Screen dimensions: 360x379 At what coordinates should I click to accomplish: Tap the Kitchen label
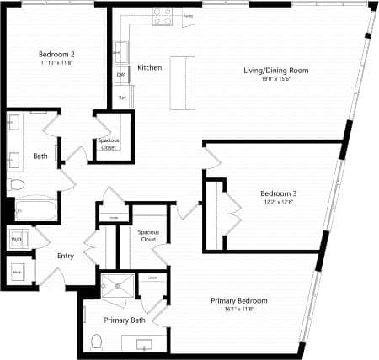click(x=150, y=67)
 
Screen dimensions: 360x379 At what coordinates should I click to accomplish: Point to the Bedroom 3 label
click(x=278, y=193)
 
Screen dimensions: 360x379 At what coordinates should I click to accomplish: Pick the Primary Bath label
click(x=125, y=320)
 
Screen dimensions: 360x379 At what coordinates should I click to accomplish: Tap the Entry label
click(x=67, y=257)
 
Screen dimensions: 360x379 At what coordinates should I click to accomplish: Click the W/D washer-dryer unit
click(x=16, y=239)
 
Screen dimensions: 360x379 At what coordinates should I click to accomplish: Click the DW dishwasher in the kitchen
click(x=120, y=75)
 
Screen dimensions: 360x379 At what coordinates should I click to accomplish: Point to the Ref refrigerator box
click(x=121, y=98)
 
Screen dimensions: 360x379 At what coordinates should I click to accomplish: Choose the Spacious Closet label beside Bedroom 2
click(x=107, y=143)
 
